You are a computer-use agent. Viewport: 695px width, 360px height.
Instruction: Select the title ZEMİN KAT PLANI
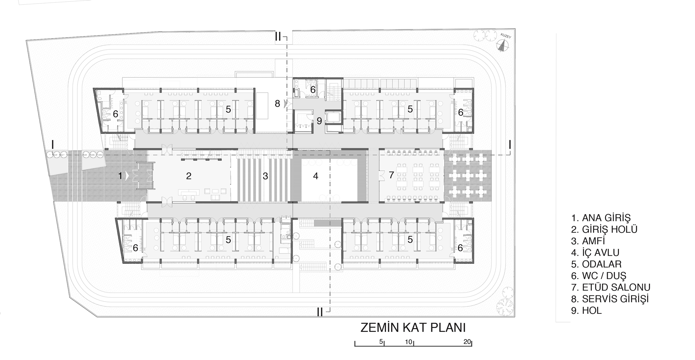pyautogui.click(x=413, y=328)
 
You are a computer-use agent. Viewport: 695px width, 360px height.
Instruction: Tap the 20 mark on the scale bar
pyautogui.click(x=467, y=342)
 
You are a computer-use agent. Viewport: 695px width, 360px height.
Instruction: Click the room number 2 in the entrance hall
pyautogui.click(x=189, y=176)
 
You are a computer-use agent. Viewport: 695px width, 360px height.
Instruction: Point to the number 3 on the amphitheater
pyautogui.click(x=265, y=176)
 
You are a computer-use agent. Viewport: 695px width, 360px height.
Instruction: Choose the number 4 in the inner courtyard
pyautogui.click(x=316, y=176)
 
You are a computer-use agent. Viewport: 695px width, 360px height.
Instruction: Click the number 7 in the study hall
pyautogui.click(x=391, y=175)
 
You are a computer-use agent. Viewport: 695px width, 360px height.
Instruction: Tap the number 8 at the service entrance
pyautogui.click(x=277, y=104)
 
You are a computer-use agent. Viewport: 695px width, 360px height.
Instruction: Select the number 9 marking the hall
pyautogui.click(x=319, y=121)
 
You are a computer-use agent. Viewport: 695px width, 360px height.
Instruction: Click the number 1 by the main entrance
pyautogui.click(x=121, y=176)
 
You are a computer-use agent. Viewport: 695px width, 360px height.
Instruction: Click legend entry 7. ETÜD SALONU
pyautogui.click(x=611, y=287)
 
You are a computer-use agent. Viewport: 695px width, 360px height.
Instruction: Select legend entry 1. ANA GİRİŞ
pyautogui.click(x=600, y=218)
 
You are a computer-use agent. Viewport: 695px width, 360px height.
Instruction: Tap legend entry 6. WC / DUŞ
pyautogui.click(x=598, y=276)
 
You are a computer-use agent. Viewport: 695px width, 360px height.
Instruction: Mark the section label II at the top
pyautogui.click(x=278, y=37)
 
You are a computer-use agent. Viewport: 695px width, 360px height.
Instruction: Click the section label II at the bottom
pyautogui.click(x=320, y=312)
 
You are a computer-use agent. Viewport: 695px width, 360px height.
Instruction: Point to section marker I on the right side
pyautogui.click(x=510, y=144)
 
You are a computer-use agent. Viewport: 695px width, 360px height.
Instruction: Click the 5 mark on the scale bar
pyautogui.click(x=381, y=342)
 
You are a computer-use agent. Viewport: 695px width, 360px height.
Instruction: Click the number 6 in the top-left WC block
pyautogui.click(x=116, y=114)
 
